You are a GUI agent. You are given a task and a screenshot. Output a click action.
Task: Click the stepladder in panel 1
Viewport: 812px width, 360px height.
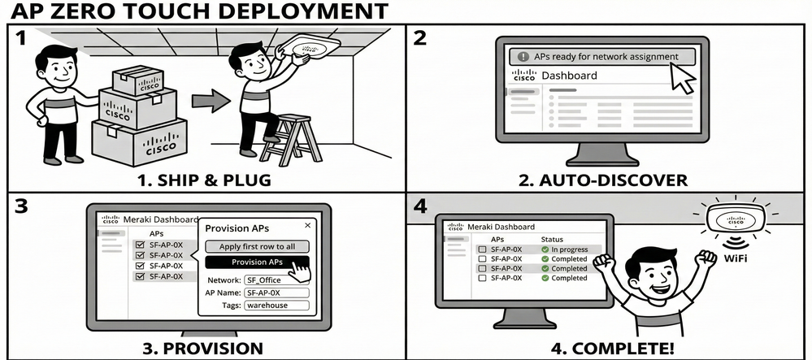point(290,138)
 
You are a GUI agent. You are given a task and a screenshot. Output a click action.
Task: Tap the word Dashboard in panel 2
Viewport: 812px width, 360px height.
point(569,76)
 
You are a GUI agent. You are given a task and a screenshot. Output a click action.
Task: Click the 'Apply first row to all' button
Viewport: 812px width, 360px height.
point(257,246)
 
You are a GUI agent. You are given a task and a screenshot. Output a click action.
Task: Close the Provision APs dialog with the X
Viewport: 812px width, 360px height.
point(306,225)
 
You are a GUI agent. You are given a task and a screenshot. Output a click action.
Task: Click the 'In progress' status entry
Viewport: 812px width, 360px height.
point(570,249)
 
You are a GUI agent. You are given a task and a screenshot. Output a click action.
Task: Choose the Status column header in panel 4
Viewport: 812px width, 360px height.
point(552,240)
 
